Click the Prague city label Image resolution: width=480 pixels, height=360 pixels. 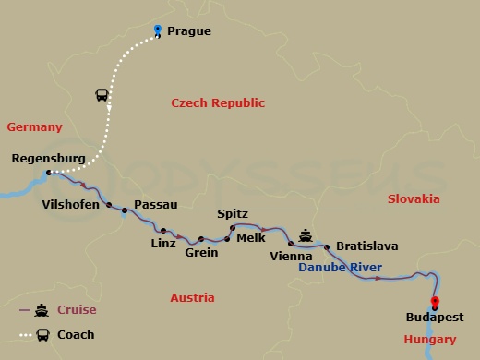point(189,31)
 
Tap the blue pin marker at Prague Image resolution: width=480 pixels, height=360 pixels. point(158,30)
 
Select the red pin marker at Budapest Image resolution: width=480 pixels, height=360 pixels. point(435,301)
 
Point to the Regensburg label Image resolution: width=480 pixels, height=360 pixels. point(48,159)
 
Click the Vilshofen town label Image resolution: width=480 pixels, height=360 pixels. point(71,204)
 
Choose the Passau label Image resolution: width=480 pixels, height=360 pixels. point(155,204)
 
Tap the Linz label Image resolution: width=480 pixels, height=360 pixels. point(162,244)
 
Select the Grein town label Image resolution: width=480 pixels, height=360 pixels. point(201,252)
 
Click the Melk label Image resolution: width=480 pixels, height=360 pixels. point(251,237)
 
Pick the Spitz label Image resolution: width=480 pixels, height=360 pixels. point(232,213)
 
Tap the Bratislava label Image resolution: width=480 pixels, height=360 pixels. point(367,246)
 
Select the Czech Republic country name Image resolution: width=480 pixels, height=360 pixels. point(218,103)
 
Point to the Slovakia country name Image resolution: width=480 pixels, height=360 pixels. point(414,198)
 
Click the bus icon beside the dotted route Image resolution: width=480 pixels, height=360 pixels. point(102,94)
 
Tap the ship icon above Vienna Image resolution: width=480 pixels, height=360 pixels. point(306,233)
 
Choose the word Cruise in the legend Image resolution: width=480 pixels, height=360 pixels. point(76,310)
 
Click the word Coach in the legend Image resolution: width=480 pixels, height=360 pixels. point(76,335)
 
